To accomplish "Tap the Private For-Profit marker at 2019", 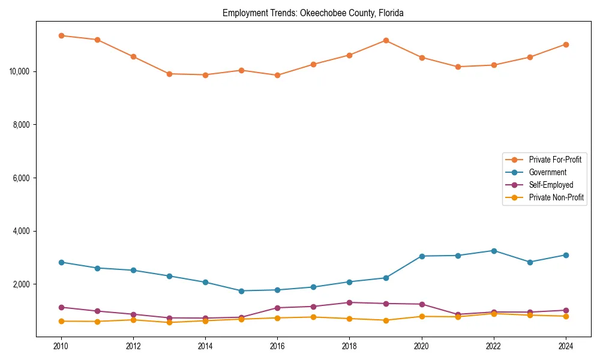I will (x=386, y=40).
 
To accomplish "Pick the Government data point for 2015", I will (x=241, y=291).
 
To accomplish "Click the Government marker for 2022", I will (x=494, y=251).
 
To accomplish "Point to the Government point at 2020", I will (x=422, y=256).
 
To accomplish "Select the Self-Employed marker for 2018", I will (x=350, y=302).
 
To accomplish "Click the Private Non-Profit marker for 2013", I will (x=169, y=322).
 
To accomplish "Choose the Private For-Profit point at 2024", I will (x=566, y=44).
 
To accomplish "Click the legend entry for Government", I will (x=547, y=172).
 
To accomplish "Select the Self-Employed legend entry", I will (x=551, y=185).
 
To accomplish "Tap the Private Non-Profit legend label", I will (x=556, y=197).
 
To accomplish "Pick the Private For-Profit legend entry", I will (x=555, y=160).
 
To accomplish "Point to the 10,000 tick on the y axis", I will (x=21, y=71).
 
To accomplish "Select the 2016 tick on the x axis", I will (x=277, y=346).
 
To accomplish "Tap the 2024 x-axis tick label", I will (x=566, y=346).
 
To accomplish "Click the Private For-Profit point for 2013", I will (x=169, y=74).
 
